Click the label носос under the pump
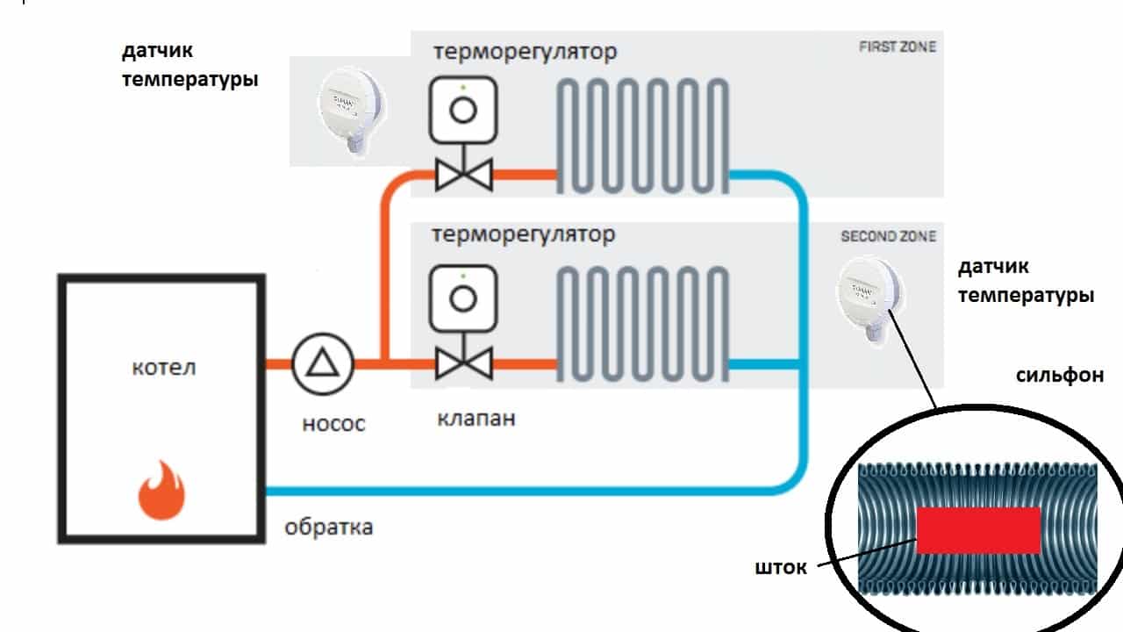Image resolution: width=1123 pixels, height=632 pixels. coord(333,424)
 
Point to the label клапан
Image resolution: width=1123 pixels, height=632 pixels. coord(476,418)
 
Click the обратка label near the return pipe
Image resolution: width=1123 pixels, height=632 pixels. coord(329,528)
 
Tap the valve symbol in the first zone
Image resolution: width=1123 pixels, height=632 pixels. coord(463,175)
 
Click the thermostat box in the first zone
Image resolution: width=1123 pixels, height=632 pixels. coord(463,110)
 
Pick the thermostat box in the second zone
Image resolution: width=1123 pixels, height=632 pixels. coord(463,298)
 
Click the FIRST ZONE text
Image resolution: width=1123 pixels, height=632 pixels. coord(897,47)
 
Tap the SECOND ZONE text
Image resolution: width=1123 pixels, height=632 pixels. coord(888,236)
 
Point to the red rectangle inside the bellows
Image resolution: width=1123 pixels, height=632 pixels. coord(978,529)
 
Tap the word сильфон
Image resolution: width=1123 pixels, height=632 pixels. coord(1059,376)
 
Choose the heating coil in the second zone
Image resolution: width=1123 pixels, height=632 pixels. coord(644,324)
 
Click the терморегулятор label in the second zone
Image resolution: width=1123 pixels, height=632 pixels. coord(524,235)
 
